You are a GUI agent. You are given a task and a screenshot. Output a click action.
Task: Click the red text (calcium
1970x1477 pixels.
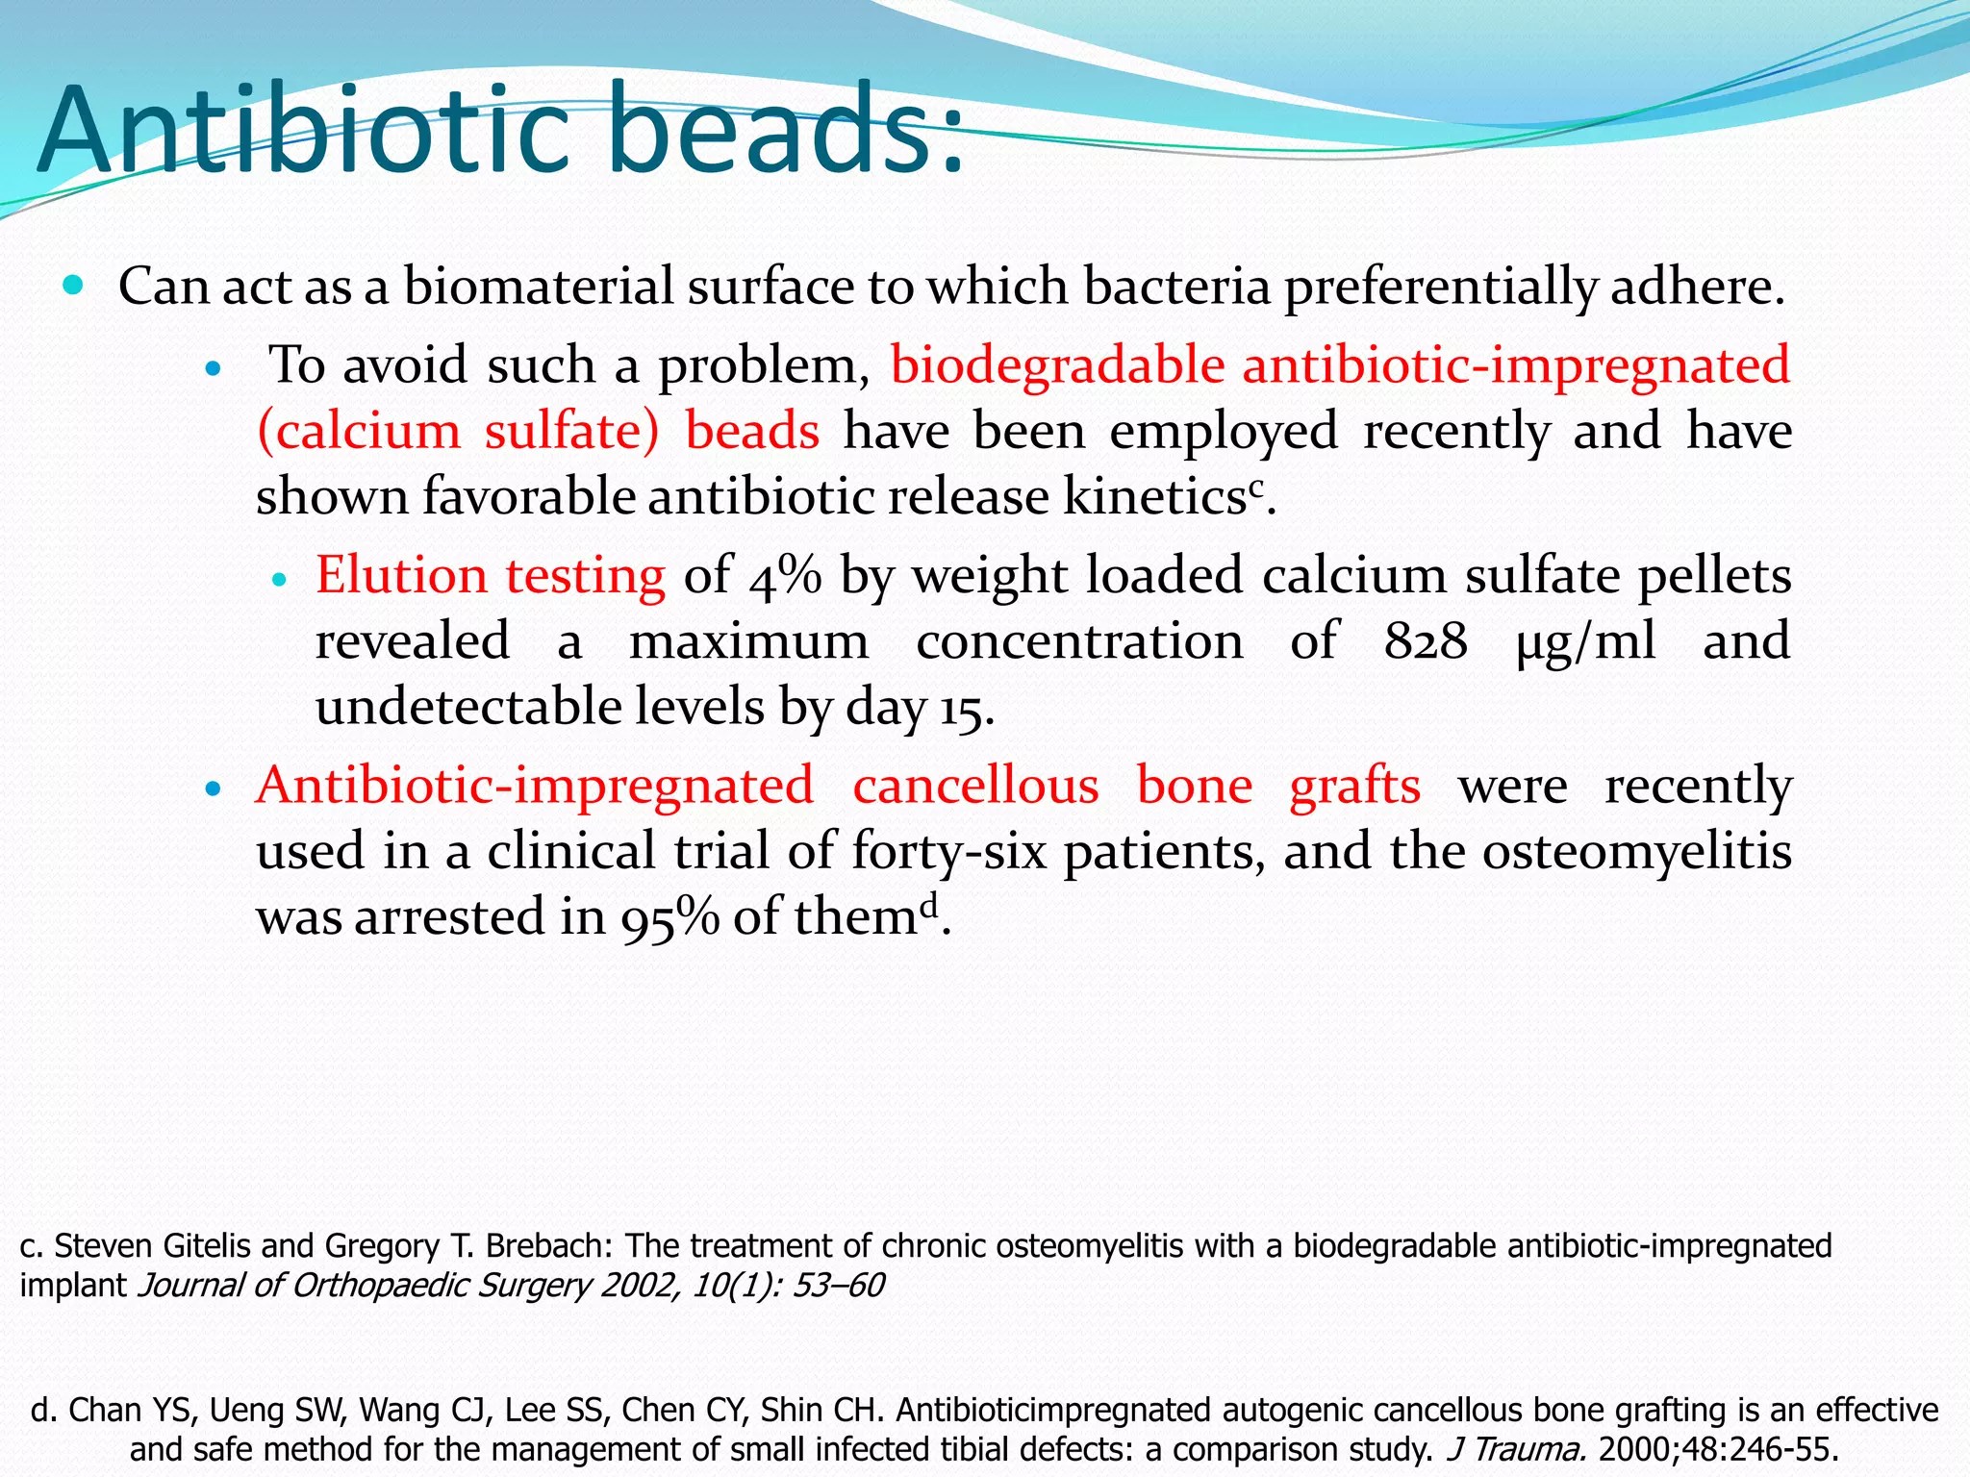click(x=359, y=431)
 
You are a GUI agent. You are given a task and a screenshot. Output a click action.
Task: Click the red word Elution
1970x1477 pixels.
click(x=400, y=575)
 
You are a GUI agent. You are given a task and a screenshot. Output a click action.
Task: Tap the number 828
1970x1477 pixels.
click(x=1426, y=641)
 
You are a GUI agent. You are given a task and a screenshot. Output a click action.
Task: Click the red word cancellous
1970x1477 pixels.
click(x=975, y=786)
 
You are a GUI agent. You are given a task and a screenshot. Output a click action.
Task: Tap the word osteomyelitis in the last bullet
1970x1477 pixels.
click(x=1636, y=852)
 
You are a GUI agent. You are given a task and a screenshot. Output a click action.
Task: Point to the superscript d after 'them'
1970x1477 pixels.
click(x=927, y=906)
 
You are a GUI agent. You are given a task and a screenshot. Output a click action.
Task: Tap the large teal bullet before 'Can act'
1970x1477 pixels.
click(x=73, y=285)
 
